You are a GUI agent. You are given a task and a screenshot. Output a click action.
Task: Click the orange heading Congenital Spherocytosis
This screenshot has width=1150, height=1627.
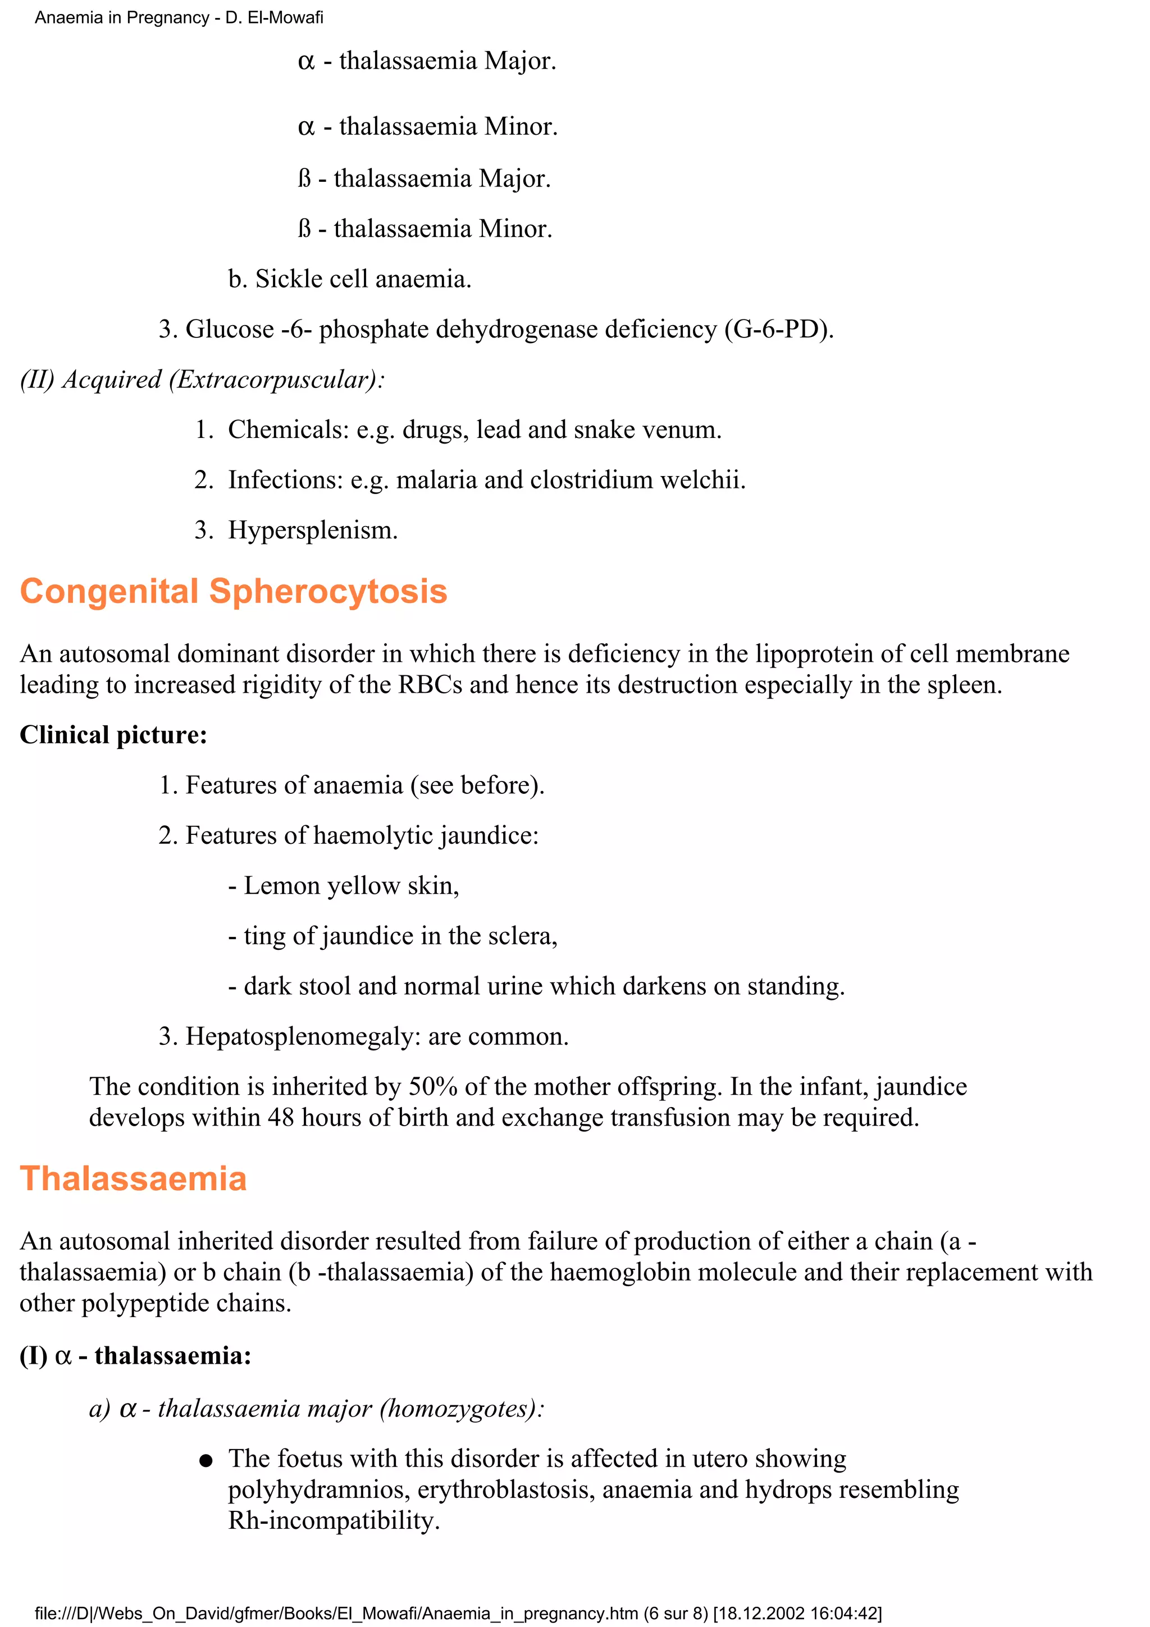(233, 591)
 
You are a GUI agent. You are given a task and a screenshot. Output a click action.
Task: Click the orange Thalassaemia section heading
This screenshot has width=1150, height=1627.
(133, 1179)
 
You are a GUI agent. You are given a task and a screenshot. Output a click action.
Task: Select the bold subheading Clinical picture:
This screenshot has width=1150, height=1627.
(113, 735)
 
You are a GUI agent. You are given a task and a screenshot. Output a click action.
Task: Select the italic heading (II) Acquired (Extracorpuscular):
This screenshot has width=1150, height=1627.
(202, 380)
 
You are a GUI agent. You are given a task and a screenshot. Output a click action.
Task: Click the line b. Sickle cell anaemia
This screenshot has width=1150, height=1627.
(349, 279)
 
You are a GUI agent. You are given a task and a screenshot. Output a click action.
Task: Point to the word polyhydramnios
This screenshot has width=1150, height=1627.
(318, 1489)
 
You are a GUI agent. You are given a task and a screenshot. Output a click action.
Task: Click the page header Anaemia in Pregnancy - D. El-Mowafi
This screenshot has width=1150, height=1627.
(179, 18)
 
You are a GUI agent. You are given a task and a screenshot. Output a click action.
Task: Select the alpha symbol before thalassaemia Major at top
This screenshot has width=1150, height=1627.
(306, 62)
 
